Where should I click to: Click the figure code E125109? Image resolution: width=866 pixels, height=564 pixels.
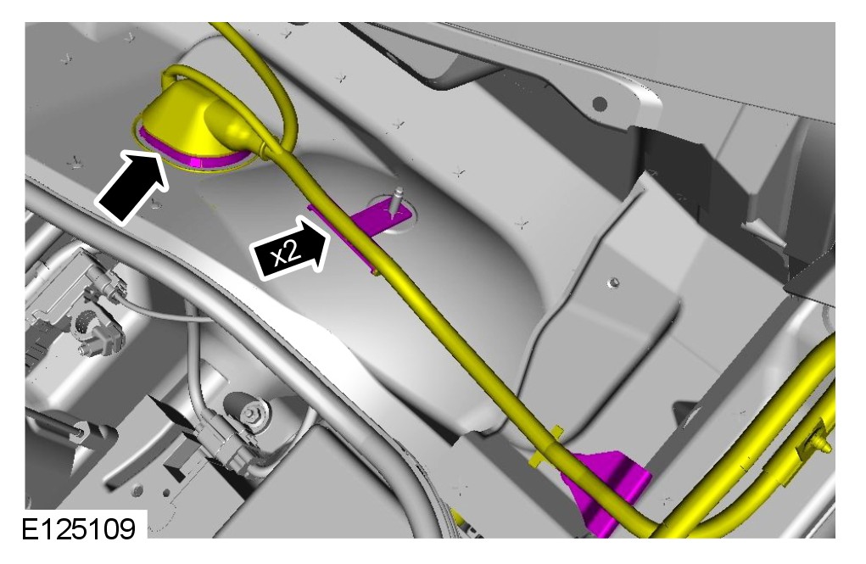(79, 528)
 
